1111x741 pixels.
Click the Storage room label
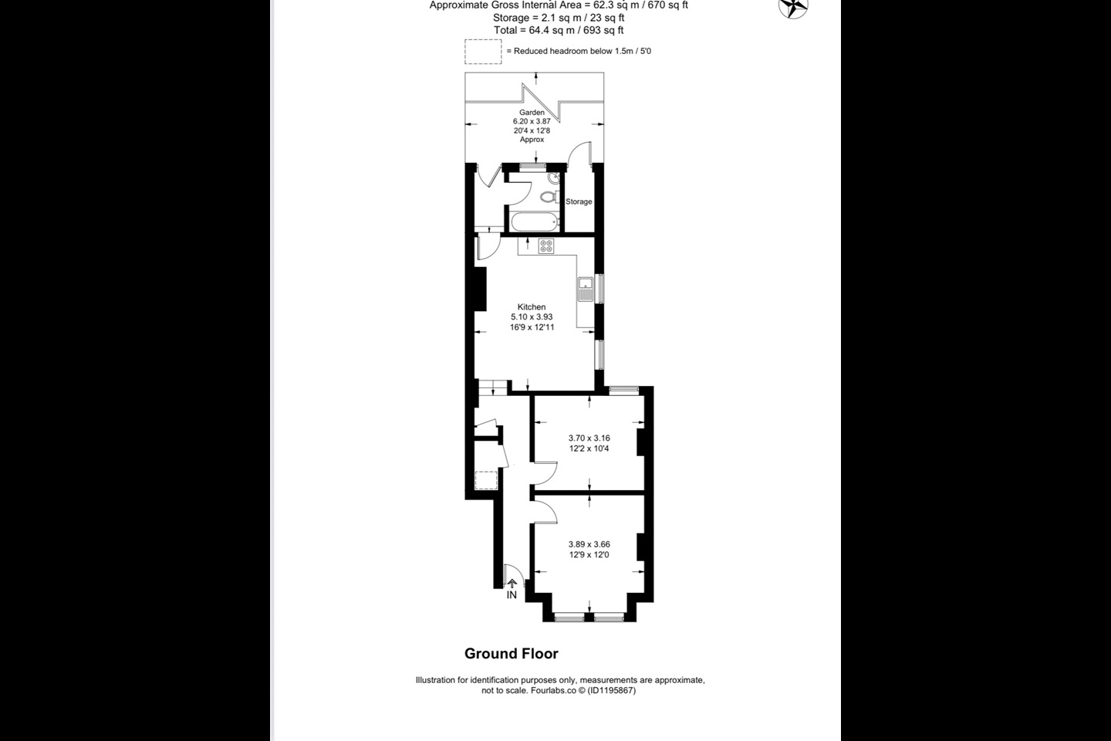tap(579, 201)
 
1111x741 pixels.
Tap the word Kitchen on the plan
tap(532, 306)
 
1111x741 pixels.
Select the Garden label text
tap(532, 112)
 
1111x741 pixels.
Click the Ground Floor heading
tap(512, 654)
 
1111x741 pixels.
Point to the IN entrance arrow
tap(512, 584)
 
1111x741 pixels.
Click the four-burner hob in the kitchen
tap(546, 246)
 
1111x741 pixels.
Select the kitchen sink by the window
tap(586, 289)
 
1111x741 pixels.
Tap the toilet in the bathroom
tap(549, 197)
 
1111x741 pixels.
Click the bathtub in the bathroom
tap(534, 222)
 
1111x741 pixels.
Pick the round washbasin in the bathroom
tap(553, 178)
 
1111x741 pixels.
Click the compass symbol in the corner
tap(793, 7)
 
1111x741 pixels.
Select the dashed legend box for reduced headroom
tap(483, 52)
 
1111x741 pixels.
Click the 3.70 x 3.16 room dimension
tap(589, 438)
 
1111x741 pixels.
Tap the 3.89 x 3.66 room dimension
tap(589, 544)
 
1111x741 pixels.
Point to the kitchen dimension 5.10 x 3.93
tap(532, 316)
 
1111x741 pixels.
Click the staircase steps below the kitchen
tap(494, 387)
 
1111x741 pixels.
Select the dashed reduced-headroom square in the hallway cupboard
tap(486, 480)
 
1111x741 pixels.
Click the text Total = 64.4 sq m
tap(534, 30)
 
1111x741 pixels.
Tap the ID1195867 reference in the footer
tap(611, 690)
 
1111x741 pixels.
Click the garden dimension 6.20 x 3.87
tap(532, 121)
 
